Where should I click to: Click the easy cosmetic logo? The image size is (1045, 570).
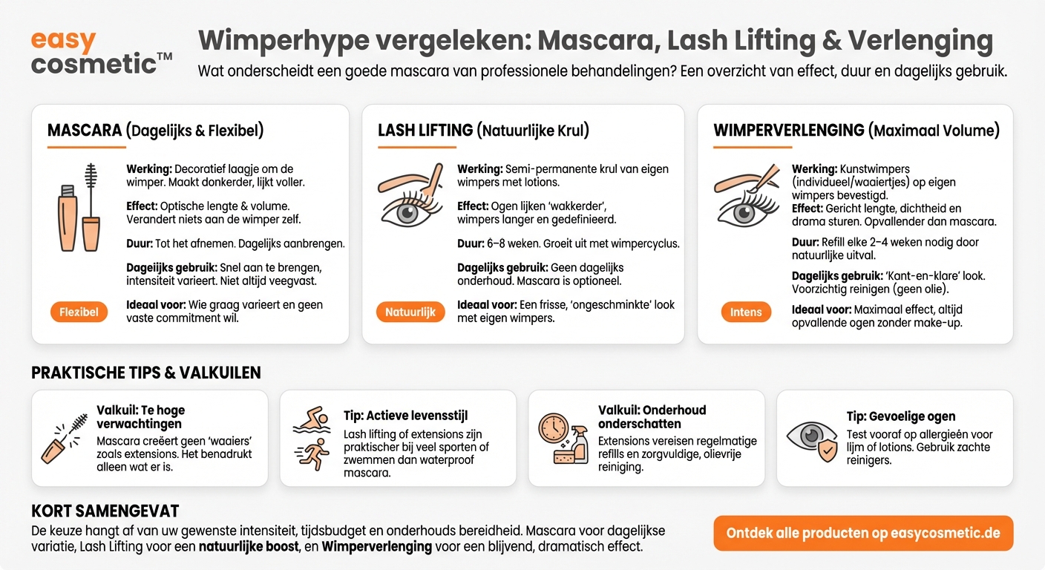(100, 51)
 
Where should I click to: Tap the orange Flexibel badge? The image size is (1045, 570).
(79, 312)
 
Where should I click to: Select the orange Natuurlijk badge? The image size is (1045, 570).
(410, 312)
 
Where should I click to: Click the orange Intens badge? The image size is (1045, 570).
(745, 312)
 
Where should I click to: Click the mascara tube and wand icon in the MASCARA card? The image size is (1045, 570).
(79, 208)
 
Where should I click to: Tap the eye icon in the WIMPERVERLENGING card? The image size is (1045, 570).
(746, 196)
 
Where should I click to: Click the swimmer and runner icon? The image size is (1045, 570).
(311, 438)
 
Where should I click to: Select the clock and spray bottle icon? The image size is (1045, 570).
(562, 439)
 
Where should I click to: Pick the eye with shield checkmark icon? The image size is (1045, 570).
(810, 438)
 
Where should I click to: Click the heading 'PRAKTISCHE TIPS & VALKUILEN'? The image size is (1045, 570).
(146, 373)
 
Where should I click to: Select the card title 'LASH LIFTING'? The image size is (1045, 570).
(425, 131)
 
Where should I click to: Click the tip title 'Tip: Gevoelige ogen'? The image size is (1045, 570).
(901, 416)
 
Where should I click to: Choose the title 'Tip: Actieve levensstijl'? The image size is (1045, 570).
(405, 415)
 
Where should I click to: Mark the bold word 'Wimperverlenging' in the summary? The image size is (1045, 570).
(377, 546)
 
